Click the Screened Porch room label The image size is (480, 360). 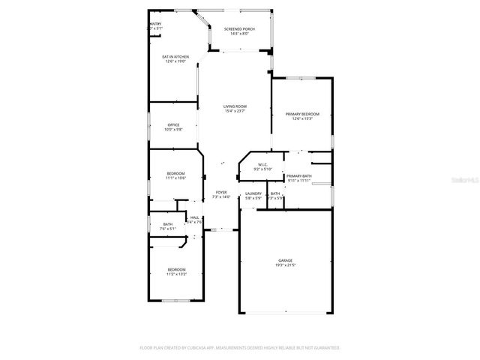(239, 29)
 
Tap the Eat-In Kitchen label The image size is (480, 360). (175, 57)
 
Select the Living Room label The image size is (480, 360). (235, 106)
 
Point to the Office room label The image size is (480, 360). (173, 125)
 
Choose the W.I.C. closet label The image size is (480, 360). (262, 165)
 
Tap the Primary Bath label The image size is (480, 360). (298, 176)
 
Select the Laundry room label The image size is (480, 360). (253, 193)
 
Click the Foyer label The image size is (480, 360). (221, 193)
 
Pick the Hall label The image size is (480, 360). (194, 217)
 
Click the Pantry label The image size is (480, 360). (155, 24)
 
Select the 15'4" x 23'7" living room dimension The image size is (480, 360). (235, 111)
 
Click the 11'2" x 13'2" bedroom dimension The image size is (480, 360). (176, 274)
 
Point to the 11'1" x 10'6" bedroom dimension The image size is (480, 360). (175, 178)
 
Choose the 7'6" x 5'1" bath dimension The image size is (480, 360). (168, 229)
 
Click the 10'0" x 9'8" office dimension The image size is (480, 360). (173, 130)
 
